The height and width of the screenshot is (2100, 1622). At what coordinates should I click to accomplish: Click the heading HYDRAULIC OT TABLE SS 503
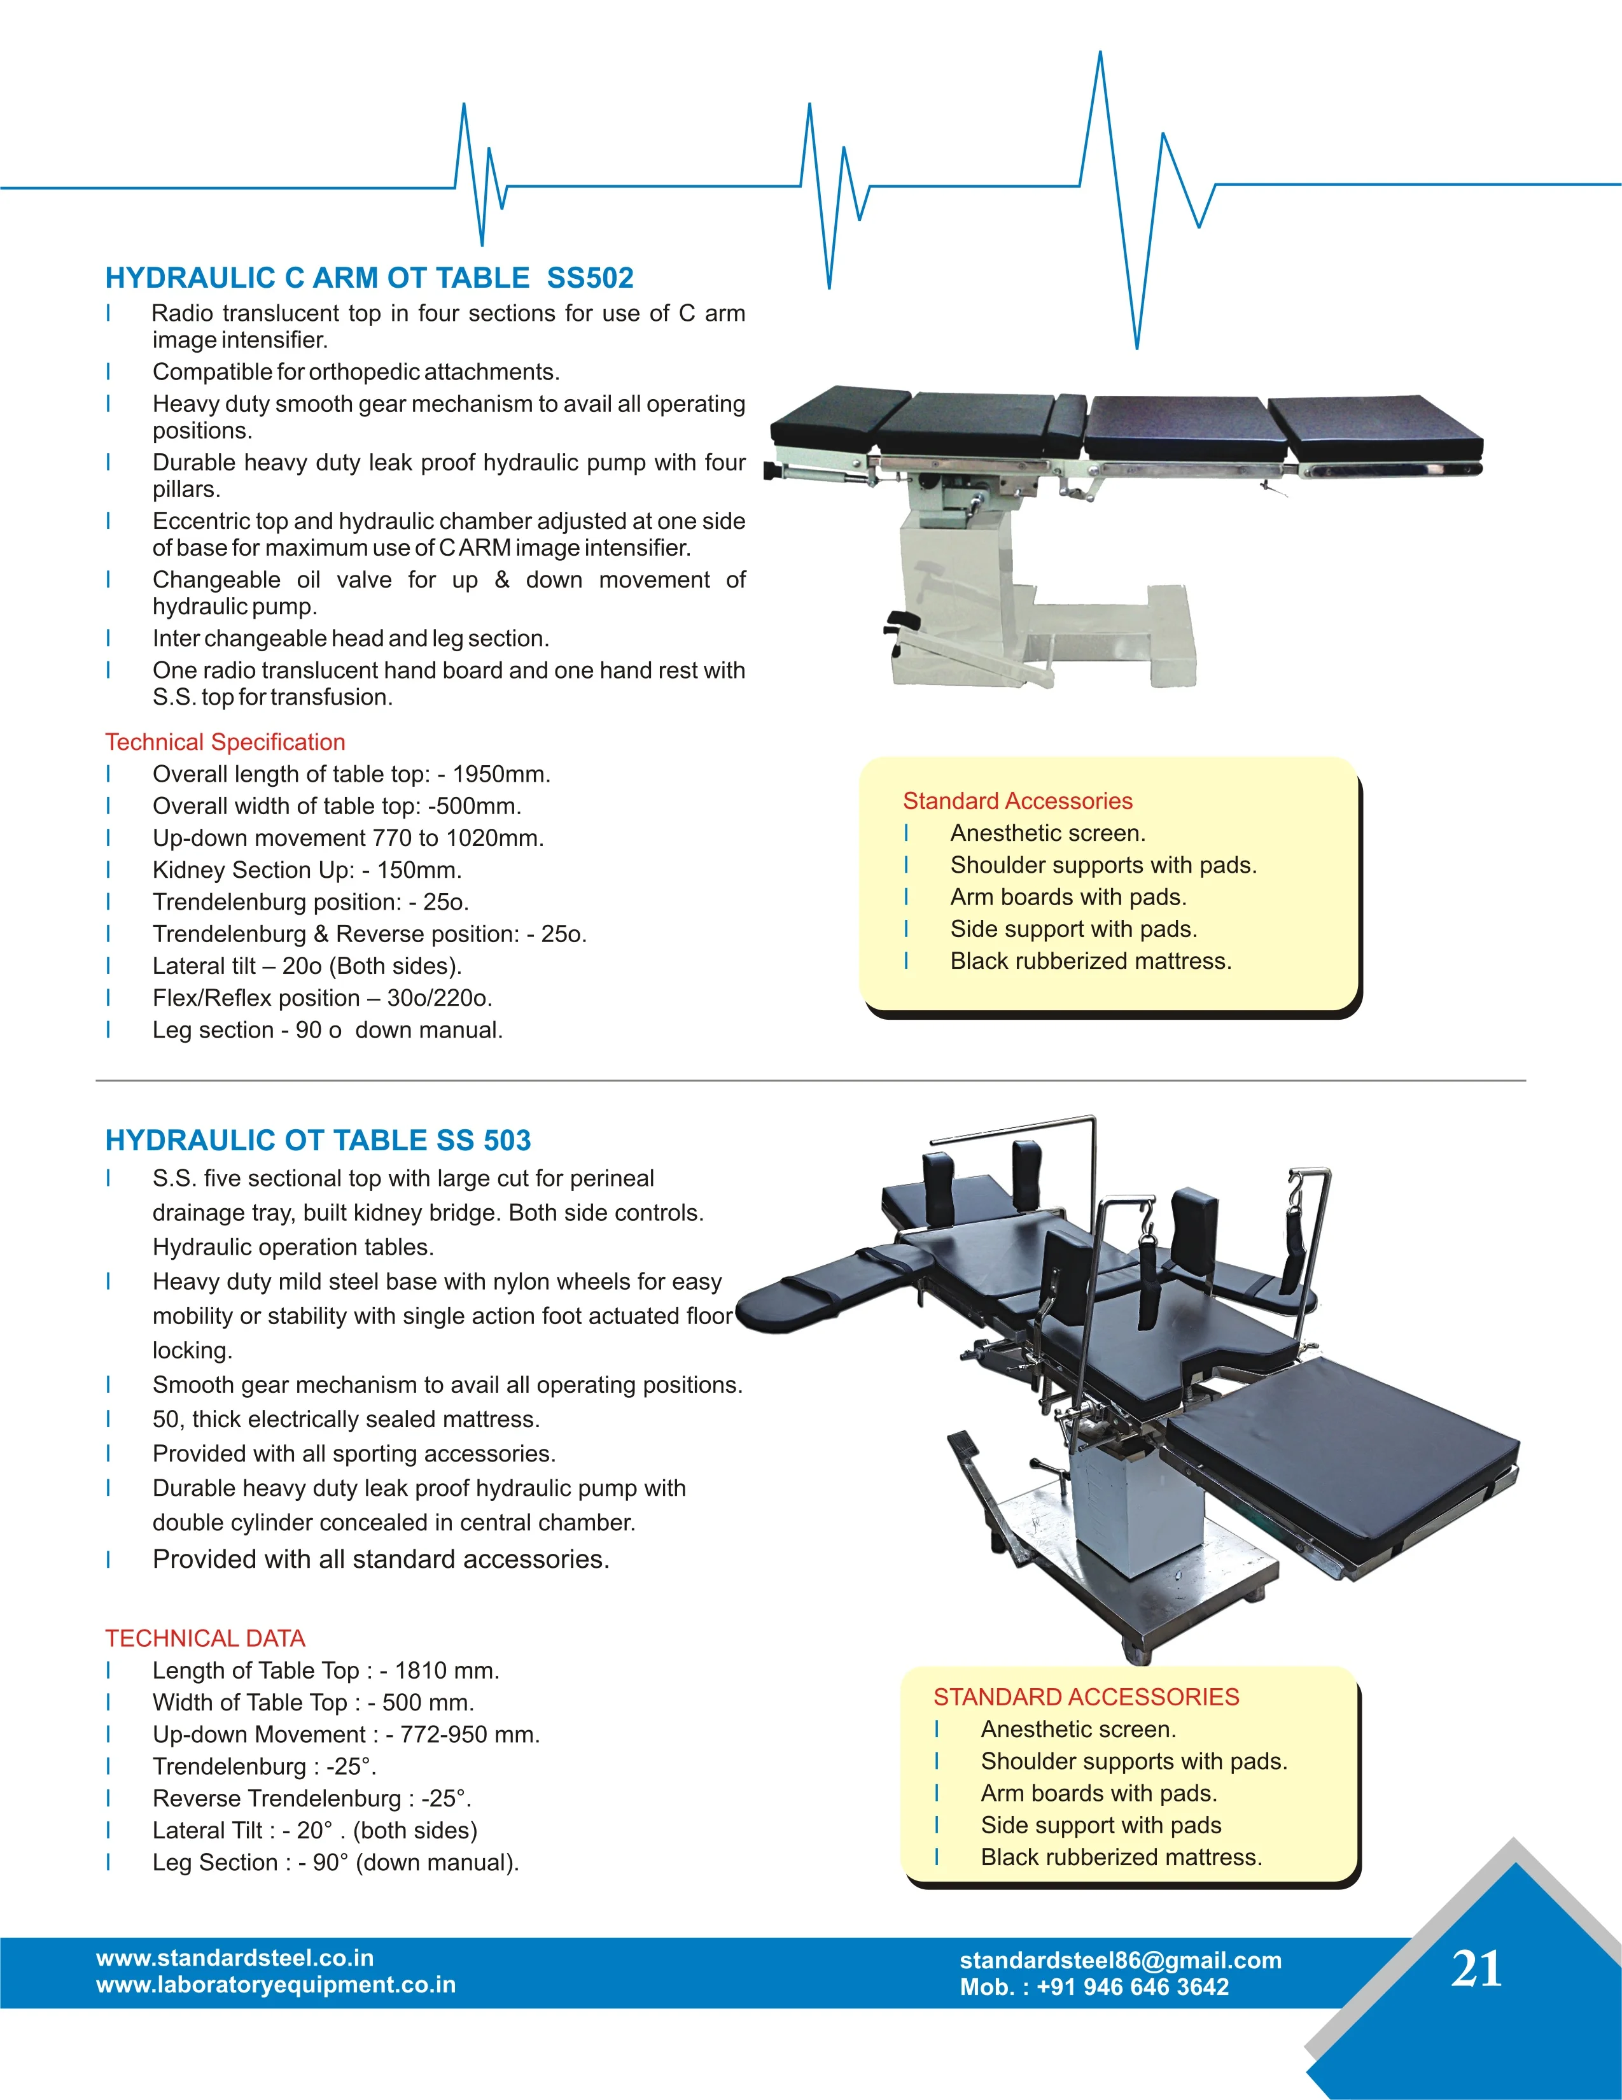point(318,1140)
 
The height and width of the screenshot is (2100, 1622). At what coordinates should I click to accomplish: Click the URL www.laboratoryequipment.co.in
point(276,1985)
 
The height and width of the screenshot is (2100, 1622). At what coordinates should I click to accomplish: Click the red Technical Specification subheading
point(225,742)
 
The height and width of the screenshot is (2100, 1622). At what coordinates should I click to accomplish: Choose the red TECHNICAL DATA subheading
point(205,1638)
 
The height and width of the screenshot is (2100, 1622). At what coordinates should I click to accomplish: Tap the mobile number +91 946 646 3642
point(1133,1987)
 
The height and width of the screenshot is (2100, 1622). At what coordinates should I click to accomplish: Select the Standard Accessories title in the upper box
point(1017,801)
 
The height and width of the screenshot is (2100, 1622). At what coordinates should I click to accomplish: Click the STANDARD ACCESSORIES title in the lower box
point(1086,1697)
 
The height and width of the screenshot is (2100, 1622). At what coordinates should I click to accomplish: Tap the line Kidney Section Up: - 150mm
point(307,870)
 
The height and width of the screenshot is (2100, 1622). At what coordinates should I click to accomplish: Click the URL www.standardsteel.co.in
point(235,1957)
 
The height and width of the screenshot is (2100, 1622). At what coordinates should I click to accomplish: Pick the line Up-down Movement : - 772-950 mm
point(346,1735)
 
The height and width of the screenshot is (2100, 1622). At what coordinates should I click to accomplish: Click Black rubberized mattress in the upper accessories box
point(1090,962)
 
